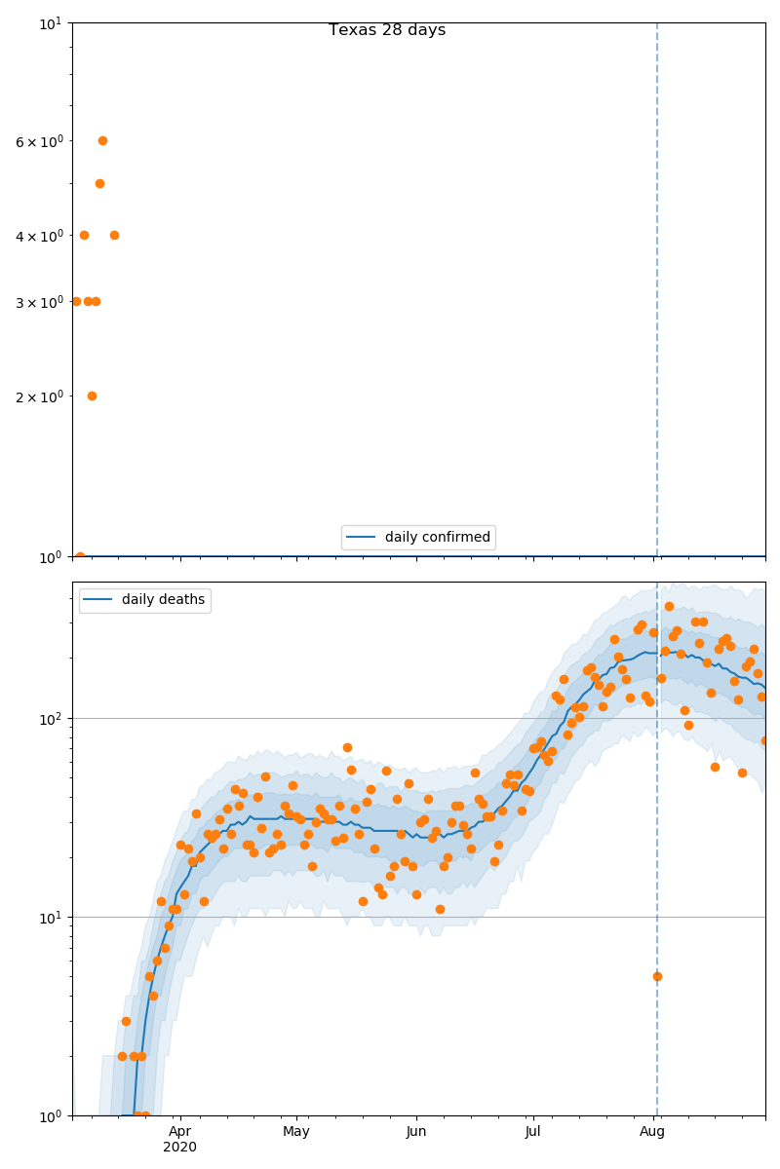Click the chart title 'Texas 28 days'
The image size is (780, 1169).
click(x=387, y=30)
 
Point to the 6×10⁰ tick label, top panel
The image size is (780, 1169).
click(x=39, y=141)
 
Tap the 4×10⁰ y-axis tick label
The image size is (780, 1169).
click(x=39, y=236)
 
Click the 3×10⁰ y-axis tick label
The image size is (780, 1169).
click(x=39, y=302)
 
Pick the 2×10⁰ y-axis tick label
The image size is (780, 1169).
click(x=39, y=396)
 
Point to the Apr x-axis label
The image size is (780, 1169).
click(x=179, y=1132)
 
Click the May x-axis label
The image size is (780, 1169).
click(x=296, y=1132)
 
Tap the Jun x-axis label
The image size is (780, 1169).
click(x=416, y=1132)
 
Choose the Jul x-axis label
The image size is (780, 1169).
click(x=533, y=1132)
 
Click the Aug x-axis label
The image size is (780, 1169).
click(x=652, y=1132)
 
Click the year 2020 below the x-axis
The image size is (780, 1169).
click(x=179, y=1148)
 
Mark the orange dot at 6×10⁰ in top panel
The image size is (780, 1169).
click(x=102, y=140)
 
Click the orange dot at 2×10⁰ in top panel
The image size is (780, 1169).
click(x=92, y=396)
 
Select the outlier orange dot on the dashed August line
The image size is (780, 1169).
click(x=657, y=976)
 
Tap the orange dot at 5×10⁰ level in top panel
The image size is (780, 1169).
click(x=99, y=183)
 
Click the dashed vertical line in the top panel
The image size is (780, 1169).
click(x=657, y=292)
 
